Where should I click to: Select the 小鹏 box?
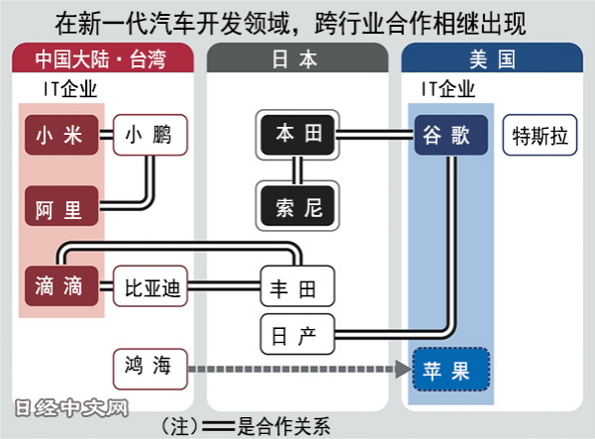pos(149,135)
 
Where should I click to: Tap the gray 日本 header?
pos(295,58)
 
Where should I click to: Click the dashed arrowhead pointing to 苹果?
pos(401,370)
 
